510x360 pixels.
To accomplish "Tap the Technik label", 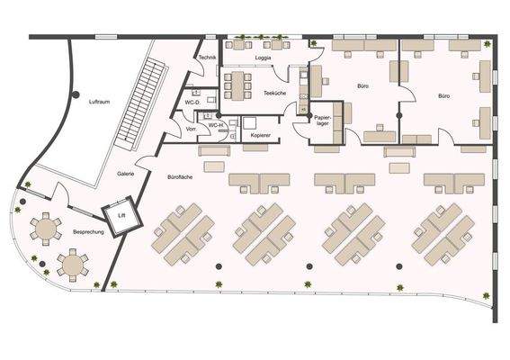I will [x=207, y=57].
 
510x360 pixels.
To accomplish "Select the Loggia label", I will [x=263, y=58].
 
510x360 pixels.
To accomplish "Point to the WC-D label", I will [x=192, y=103].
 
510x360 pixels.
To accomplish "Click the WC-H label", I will [x=217, y=125].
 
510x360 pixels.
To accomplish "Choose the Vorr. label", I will [x=191, y=129].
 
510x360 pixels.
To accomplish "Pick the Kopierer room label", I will [x=261, y=133].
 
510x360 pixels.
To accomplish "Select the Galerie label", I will [x=126, y=173].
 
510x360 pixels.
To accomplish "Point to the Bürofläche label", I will [x=180, y=177].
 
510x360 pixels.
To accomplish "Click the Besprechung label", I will [x=88, y=232].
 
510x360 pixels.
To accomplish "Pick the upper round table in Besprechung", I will [x=44, y=227].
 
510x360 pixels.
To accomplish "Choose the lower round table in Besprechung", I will [x=72, y=264].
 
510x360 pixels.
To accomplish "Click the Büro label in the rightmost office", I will [x=444, y=94].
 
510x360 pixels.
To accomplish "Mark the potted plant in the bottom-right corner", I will [x=487, y=295].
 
